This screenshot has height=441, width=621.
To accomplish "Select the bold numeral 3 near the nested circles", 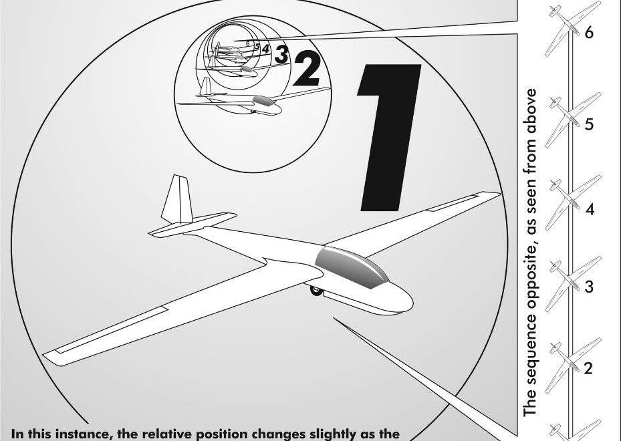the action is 281,54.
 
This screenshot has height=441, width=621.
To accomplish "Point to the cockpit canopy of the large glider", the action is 352,267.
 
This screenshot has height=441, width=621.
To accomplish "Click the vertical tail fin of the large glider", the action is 178,199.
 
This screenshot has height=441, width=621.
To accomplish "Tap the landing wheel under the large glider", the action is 316,291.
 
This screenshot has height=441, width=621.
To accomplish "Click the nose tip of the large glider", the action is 412,303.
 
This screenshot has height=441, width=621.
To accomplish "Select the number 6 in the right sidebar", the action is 590,33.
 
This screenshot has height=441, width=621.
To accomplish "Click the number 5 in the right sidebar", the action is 590,124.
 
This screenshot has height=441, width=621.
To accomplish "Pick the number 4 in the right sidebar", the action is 590,209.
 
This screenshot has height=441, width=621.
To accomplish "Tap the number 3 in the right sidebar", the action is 590,286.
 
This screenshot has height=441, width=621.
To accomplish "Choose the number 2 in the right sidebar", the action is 588,368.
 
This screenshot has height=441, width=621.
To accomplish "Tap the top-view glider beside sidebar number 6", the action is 573,29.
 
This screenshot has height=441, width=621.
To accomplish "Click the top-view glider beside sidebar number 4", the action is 573,202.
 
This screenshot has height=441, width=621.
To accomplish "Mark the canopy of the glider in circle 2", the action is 263,100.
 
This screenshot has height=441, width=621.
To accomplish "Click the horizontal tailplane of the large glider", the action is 193,225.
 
